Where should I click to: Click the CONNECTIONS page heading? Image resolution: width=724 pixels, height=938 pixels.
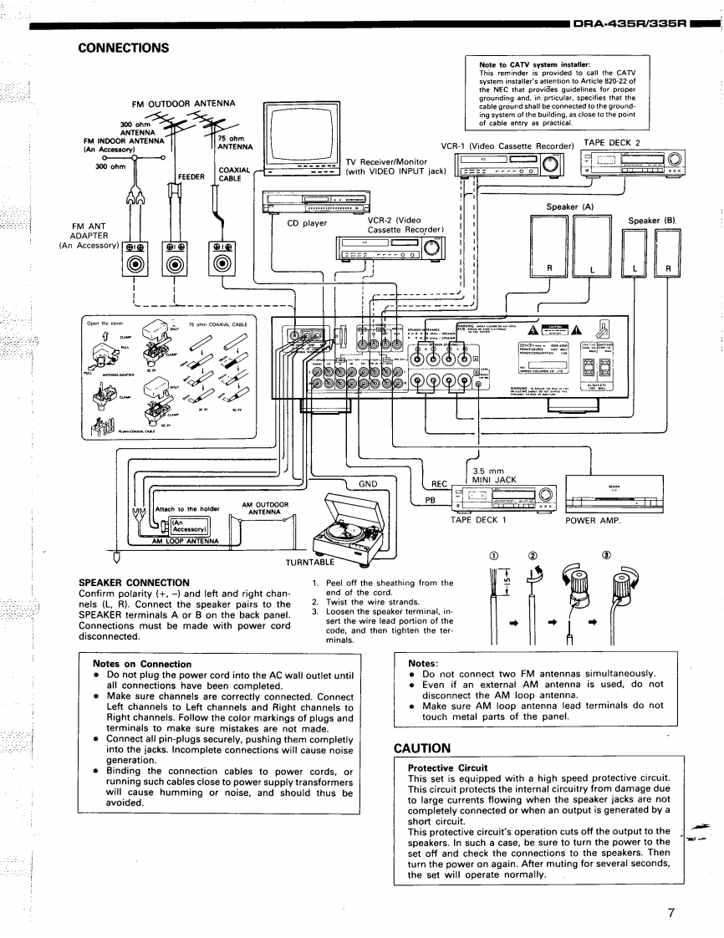[123, 48]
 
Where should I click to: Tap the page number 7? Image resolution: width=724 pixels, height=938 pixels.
[670, 912]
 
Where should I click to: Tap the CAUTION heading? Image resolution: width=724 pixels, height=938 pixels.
[423, 747]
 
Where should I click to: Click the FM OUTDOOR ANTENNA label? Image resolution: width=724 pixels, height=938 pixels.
[183, 104]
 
